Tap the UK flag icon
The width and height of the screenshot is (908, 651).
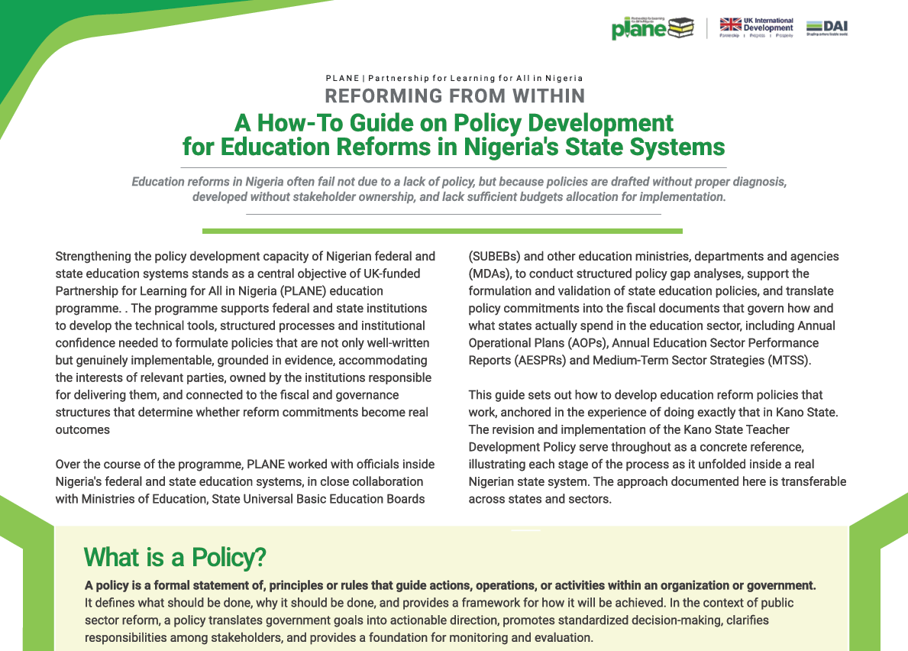coord(731,25)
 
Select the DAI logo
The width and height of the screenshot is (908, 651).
coord(827,28)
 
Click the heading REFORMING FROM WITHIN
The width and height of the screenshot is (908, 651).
coord(454,96)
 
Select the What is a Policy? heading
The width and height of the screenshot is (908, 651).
coord(175,557)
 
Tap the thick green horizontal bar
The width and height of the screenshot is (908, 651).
coord(442,231)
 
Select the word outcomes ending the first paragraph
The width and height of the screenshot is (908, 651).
coord(82,429)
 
